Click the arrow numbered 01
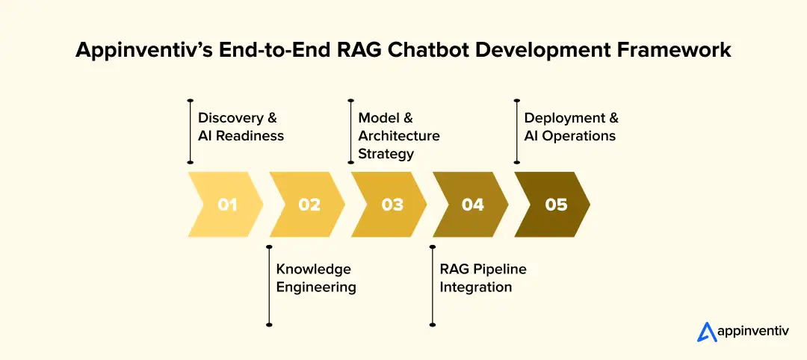[227, 204]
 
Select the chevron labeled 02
[309, 204]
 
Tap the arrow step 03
[392, 204]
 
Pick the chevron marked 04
[473, 204]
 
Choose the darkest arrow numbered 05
[556, 204]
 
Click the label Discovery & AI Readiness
[241, 127]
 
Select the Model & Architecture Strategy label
[398, 136]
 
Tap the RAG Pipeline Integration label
[483, 278]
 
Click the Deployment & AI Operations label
[571, 127]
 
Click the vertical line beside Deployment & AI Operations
[516, 130]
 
